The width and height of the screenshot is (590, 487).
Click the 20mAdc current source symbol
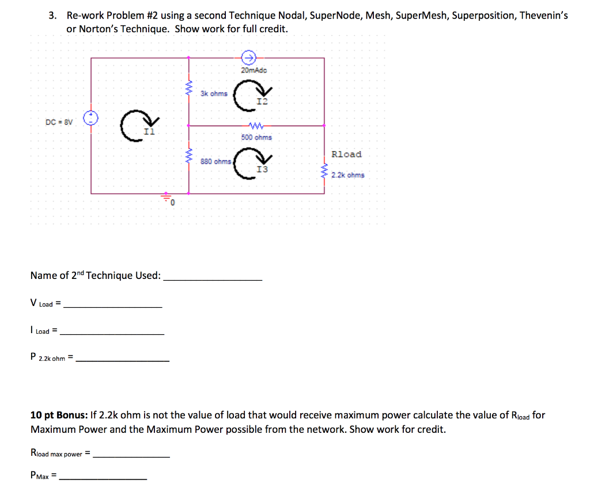tap(248, 57)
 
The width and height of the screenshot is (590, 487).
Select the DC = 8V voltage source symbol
tap(91, 119)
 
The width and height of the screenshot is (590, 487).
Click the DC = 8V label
tap(59, 122)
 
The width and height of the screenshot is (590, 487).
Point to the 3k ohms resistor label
tap(214, 93)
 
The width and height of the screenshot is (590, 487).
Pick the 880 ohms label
tap(216, 162)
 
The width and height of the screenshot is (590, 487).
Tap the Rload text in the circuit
tap(346, 154)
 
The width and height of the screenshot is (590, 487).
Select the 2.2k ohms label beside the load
tap(347, 175)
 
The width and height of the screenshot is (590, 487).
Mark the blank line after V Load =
tap(113, 305)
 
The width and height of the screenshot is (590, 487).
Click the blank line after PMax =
tap(103, 478)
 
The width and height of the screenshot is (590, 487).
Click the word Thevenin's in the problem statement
tap(543, 16)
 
